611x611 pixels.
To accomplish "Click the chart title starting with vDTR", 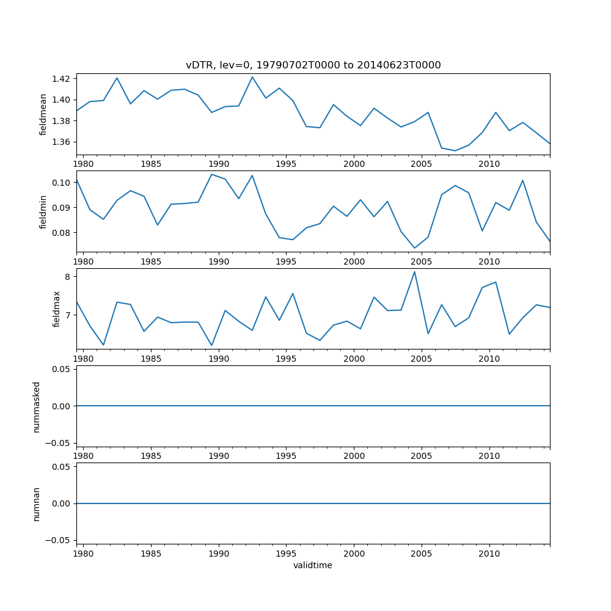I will click(x=313, y=65).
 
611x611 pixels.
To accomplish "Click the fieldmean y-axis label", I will click(x=43, y=114).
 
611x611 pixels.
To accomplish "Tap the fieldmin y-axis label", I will click(x=43, y=211).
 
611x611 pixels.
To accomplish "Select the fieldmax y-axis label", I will click(x=56, y=309).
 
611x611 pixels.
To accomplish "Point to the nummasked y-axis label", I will click(x=37, y=406).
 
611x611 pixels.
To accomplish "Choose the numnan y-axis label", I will click(x=37, y=503).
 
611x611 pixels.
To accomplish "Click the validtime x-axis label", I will click(x=313, y=566).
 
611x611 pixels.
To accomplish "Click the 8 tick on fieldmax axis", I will click(x=68, y=277).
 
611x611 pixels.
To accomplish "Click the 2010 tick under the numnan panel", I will click(x=489, y=554).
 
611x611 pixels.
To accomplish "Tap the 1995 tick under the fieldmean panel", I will click(x=286, y=164).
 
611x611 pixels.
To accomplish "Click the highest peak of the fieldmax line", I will click(x=414, y=272).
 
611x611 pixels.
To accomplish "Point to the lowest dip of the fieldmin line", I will click(x=414, y=248).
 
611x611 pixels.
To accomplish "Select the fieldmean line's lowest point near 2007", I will click(x=455, y=151).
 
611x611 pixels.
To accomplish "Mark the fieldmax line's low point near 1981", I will click(x=103, y=345).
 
